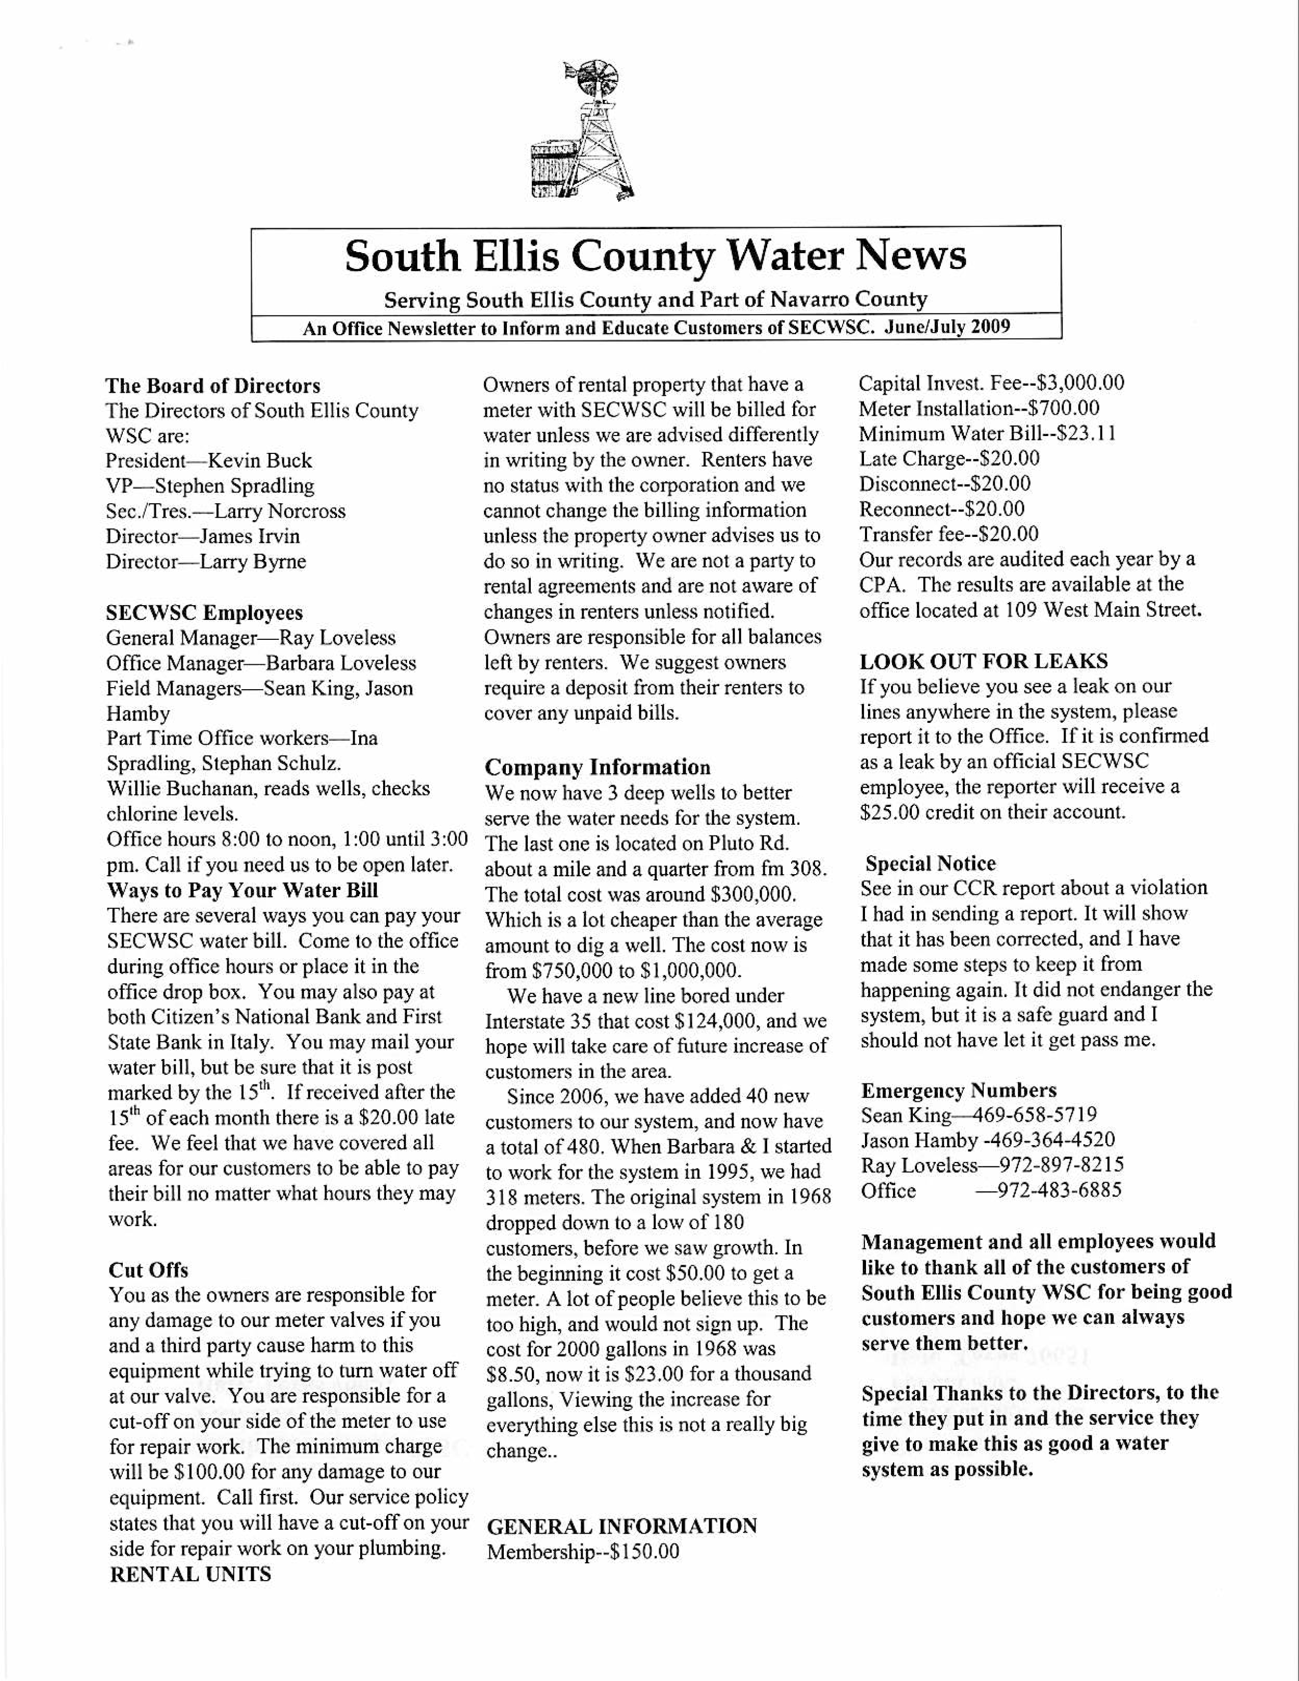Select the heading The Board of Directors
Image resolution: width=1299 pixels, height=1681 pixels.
coord(212,386)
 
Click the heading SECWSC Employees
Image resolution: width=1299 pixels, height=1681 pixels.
coord(204,613)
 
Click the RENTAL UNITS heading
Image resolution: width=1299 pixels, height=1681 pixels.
coord(191,1574)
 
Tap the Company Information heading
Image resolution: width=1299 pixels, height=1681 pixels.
coord(597,767)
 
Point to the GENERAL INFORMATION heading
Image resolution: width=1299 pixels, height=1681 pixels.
coord(622,1526)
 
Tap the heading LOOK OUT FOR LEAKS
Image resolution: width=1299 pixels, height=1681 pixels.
coord(984,661)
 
